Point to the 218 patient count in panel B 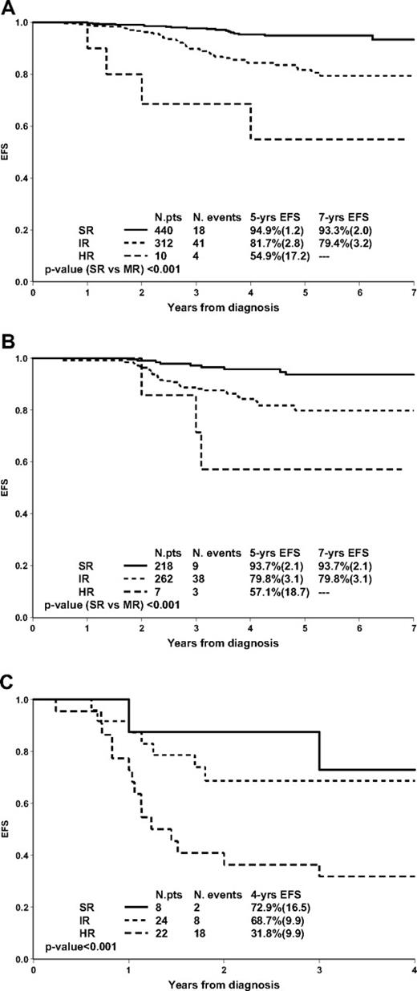point(164,565)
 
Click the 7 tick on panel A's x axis point(414,292)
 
